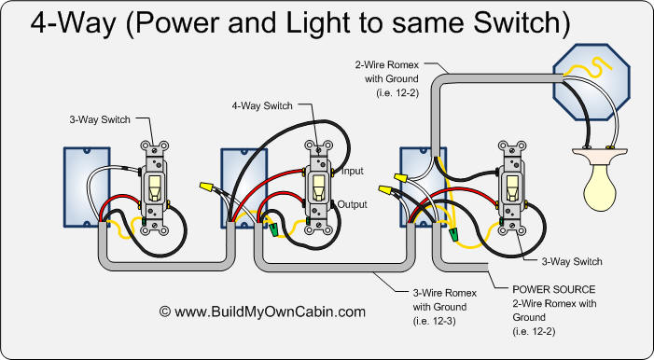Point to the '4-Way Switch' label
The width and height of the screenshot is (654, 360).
click(262, 105)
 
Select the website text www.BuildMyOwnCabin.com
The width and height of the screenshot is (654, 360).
click(262, 312)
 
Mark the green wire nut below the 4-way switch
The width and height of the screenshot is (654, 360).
click(275, 227)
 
